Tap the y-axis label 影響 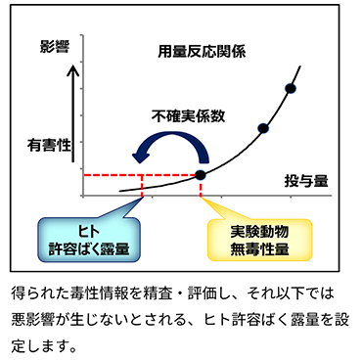click(55, 46)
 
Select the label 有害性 click(49, 145)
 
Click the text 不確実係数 click(189, 114)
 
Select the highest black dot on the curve click(290, 89)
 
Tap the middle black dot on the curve click(262, 128)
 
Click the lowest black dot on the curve click(201, 174)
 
